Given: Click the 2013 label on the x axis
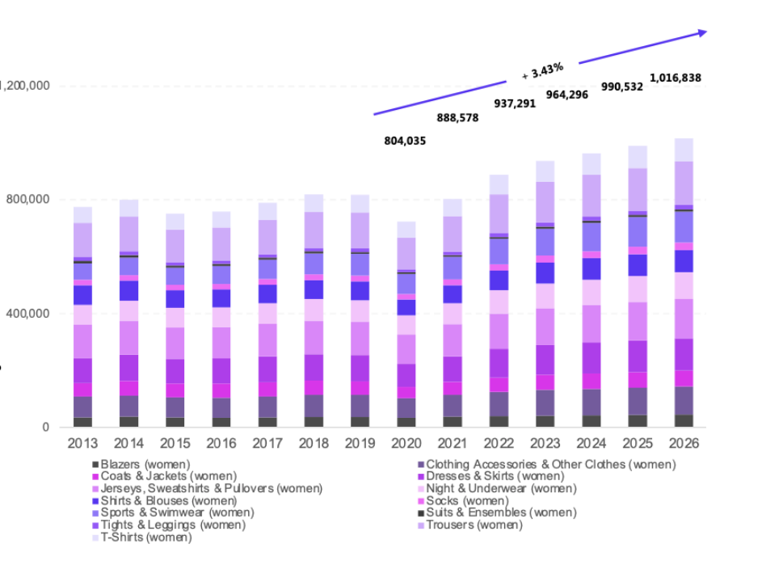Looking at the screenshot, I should tap(82, 444).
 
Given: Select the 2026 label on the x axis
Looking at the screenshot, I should tap(684, 444).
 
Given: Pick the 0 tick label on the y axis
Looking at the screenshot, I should tap(46, 428).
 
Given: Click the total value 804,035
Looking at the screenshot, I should tap(405, 141).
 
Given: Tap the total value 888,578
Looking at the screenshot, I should tap(457, 118).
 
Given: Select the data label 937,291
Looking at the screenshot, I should tap(515, 103).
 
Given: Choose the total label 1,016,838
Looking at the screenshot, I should tap(676, 78).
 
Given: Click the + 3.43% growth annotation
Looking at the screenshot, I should tap(542, 71).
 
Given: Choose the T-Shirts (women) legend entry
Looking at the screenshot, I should tap(146, 538).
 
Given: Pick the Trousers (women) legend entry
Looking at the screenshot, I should tap(474, 525).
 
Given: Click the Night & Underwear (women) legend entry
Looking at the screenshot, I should tap(501, 489).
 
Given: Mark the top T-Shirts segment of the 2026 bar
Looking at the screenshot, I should tap(684, 150).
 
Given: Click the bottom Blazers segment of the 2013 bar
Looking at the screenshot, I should tap(82, 422).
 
